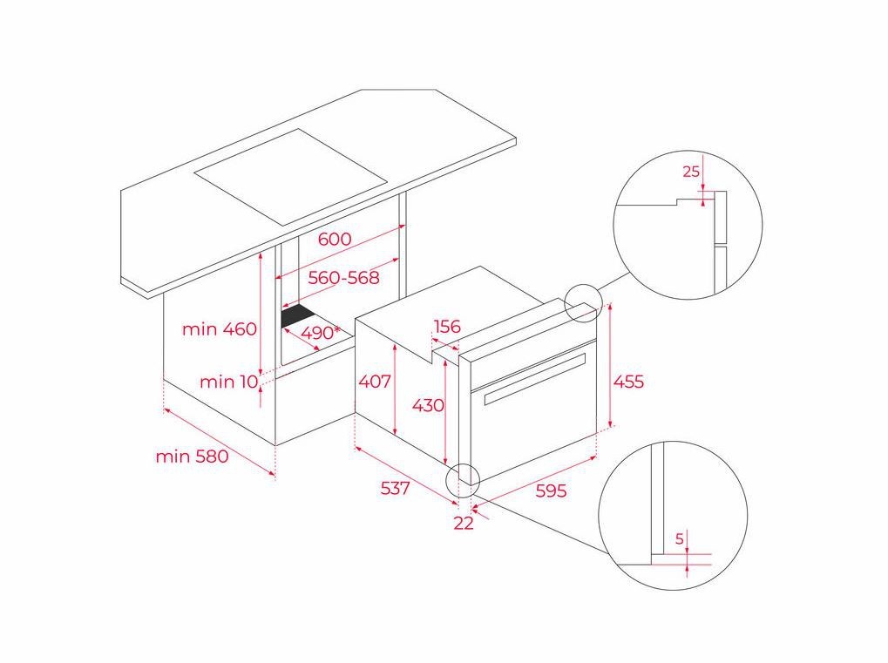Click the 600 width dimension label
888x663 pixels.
(x=334, y=239)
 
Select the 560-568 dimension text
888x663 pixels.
(x=343, y=278)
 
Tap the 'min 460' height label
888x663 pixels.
(x=220, y=329)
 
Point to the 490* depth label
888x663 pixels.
(x=319, y=333)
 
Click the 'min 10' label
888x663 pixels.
(x=228, y=382)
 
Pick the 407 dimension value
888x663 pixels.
(x=375, y=382)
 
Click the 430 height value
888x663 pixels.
(x=428, y=405)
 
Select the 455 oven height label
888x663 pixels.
(x=628, y=382)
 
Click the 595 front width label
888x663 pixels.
(x=550, y=490)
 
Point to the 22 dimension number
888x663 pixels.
(x=464, y=523)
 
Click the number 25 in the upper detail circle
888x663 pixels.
(x=691, y=172)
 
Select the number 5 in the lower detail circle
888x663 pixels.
(x=679, y=539)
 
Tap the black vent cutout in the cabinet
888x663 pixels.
(x=298, y=316)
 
